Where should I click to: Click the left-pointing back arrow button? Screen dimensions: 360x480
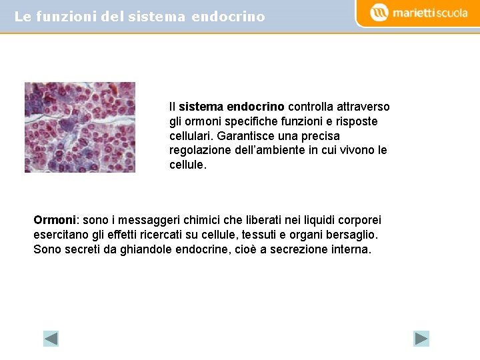click(x=51, y=339)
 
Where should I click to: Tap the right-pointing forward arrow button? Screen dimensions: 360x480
click(x=421, y=339)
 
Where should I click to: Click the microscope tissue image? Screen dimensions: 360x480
click(x=80, y=127)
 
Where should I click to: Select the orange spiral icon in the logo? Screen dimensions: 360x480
click(x=379, y=13)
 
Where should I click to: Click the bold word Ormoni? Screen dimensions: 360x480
click(x=55, y=220)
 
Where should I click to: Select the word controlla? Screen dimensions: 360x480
click(x=311, y=107)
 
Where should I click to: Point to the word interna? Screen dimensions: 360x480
click(x=351, y=249)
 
